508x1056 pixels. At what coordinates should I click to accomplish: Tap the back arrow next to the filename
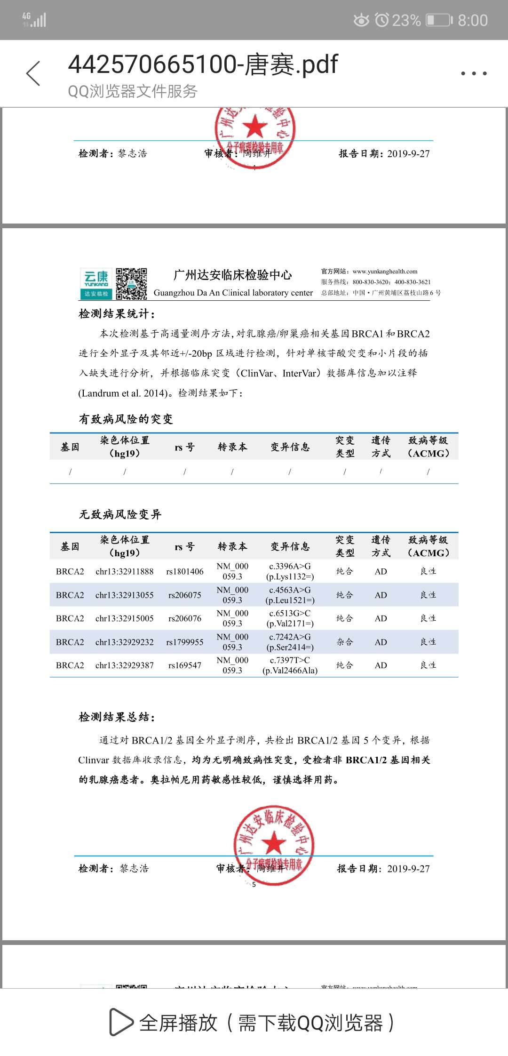(33, 73)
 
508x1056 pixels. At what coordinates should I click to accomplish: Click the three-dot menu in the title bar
(474, 73)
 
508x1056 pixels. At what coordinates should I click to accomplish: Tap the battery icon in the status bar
(438, 20)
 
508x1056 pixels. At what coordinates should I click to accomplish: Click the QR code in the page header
(131, 284)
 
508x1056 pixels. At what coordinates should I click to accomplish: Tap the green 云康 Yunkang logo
(96, 284)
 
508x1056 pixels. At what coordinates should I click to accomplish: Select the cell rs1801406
(185, 571)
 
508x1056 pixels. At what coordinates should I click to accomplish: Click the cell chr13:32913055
(124, 595)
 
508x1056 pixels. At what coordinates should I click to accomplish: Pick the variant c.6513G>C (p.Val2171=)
(290, 618)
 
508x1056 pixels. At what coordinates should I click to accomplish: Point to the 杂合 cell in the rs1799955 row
(344, 642)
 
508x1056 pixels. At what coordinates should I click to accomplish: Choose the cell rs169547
(185, 665)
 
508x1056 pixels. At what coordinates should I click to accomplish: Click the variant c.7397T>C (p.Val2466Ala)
(290, 665)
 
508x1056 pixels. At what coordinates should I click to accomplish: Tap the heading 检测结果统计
(117, 314)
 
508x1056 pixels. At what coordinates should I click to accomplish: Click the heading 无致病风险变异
(120, 514)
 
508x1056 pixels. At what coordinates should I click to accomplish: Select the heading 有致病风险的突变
(126, 419)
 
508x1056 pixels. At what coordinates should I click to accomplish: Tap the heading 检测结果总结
(117, 717)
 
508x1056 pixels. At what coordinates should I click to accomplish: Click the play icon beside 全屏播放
(121, 1022)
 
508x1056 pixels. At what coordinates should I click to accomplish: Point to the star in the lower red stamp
(273, 843)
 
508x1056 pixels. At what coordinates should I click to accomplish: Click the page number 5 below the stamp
(254, 885)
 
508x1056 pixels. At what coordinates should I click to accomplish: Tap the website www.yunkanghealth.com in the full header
(385, 272)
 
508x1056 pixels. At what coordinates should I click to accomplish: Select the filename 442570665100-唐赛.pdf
(203, 64)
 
